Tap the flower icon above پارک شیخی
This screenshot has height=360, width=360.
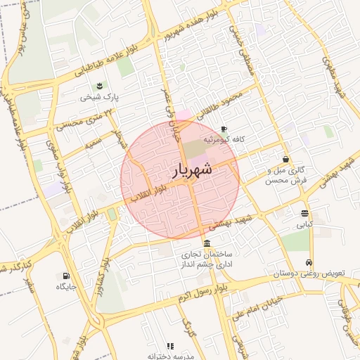tap(100, 86)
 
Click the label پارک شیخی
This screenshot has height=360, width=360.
tap(96, 97)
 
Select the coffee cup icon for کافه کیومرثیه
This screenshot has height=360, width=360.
tap(224, 129)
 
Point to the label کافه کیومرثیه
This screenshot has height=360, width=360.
tap(224, 140)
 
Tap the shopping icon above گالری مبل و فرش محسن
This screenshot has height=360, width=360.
tap(285, 159)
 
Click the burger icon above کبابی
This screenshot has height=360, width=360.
tap(304, 213)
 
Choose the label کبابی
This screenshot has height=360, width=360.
tap(304, 225)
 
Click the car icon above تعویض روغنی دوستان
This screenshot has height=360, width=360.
tap(309, 262)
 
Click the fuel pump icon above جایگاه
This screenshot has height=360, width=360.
tap(66, 276)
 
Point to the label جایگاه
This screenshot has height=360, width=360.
tap(67, 287)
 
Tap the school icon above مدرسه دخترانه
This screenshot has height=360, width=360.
tap(171, 345)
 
